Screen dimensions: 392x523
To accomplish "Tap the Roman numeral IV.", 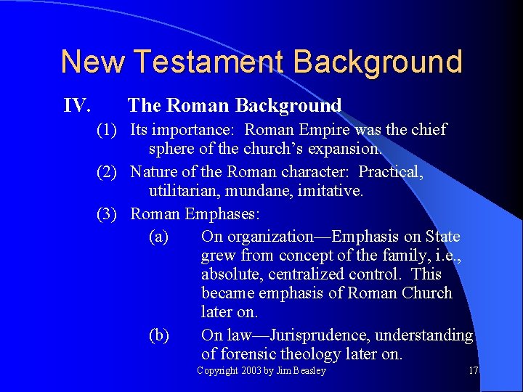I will click(77, 106).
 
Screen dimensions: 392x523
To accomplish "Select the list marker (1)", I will click(110, 131).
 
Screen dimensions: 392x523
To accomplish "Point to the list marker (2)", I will click(110, 173).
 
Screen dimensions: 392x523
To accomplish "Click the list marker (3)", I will click(110, 215).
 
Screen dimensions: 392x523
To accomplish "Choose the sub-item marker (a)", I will click(158, 237).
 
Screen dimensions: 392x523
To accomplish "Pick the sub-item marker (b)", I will click(158, 335).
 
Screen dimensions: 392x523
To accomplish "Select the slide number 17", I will click(474, 371).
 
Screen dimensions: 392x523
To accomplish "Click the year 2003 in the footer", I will click(251, 371).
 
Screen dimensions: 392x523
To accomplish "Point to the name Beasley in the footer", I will click(309, 371).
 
